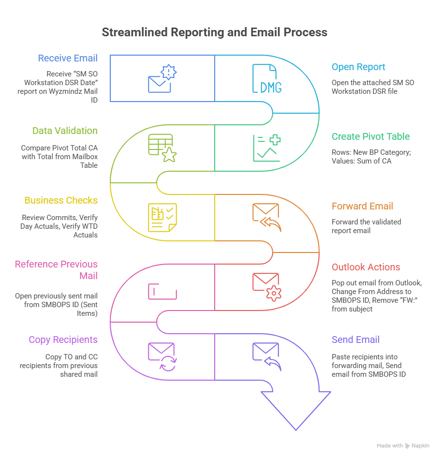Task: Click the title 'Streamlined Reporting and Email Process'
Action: [x=214, y=32]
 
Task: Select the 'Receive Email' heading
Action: [x=68, y=59]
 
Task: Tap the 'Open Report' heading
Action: [x=358, y=67]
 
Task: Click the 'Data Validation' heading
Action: [x=65, y=131]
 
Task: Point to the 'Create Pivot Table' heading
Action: [x=370, y=137]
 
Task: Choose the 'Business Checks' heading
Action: [x=61, y=201]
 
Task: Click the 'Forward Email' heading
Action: [x=362, y=207]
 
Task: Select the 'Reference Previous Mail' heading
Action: [x=56, y=270]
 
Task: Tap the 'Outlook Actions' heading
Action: [x=366, y=267]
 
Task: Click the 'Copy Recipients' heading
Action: [x=63, y=340]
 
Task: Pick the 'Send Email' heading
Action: [x=355, y=340]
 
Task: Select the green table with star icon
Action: [x=162, y=148]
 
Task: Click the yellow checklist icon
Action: [x=162, y=218]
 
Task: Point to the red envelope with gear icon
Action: [x=266, y=287]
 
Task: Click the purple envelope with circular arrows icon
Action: [x=162, y=356]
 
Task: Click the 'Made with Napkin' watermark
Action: [x=402, y=446]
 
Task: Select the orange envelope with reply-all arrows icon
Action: [x=266, y=218]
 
